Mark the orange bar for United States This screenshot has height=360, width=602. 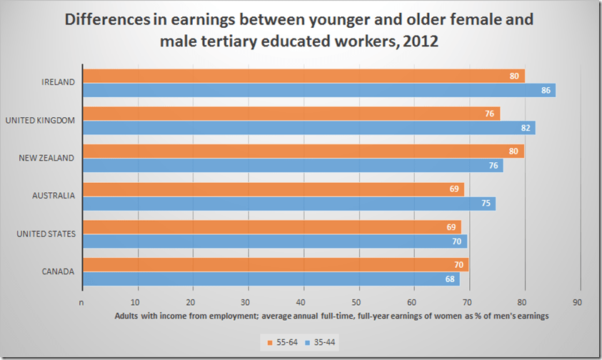[x=272, y=227]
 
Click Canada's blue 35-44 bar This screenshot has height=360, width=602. [x=271, y=279]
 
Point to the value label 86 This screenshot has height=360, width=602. [x=546, y=90]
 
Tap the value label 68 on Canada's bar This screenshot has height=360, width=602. [x=451, y=279]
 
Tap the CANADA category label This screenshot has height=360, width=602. [x=58, y=271]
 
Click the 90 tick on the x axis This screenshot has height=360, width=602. [x=578, y=301]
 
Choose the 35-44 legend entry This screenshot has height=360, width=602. [x=321, y=342]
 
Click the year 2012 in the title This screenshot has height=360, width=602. [x=418, y=42]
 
